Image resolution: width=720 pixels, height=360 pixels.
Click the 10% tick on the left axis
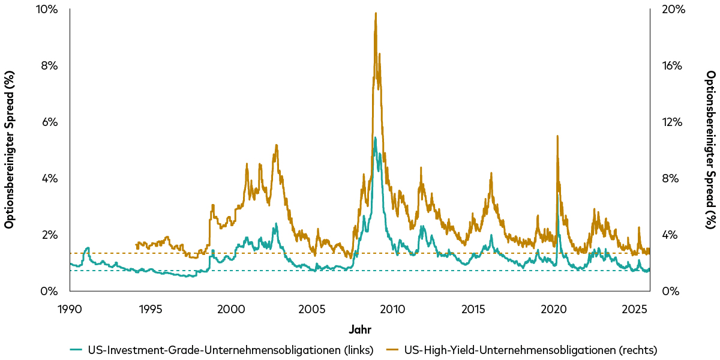point(48,9)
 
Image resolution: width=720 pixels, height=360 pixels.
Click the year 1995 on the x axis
point(151,309)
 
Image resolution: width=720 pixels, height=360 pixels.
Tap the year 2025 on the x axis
point(634,309)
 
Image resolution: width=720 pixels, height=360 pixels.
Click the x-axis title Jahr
point(360,329)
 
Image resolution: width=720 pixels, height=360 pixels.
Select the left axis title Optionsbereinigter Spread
point(10,149)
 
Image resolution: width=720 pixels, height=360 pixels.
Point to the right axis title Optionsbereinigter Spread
point(710,149)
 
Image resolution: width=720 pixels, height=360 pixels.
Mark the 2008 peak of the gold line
point(376,13)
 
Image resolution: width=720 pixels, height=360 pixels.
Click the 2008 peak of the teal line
point(375,138)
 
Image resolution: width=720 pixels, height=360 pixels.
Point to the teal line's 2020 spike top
point(558,193)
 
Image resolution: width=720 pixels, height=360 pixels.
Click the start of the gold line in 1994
point(137,244)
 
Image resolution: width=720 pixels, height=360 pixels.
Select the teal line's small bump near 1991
point(88,248)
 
